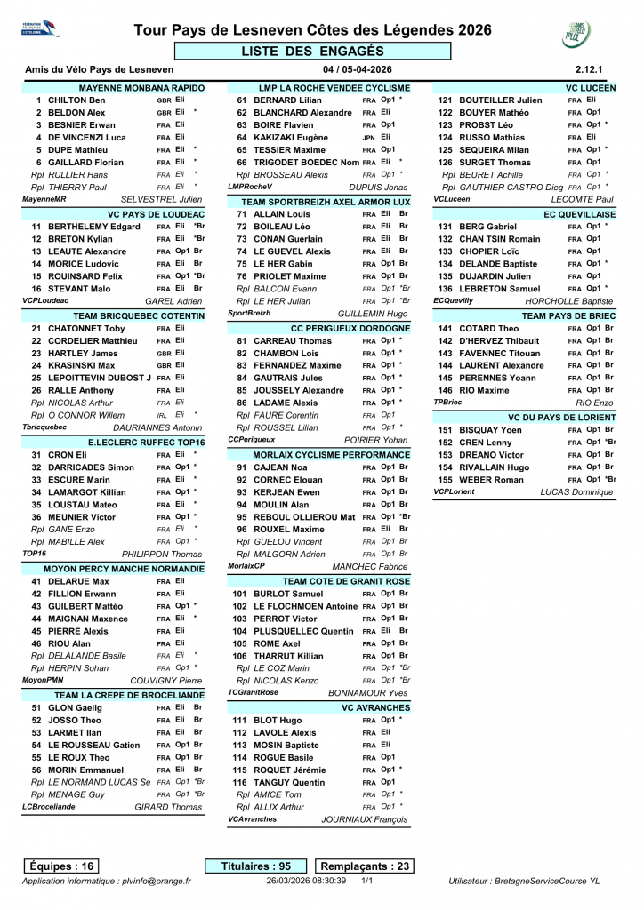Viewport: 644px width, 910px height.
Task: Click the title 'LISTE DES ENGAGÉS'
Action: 312,51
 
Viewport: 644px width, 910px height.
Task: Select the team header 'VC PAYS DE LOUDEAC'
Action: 156,215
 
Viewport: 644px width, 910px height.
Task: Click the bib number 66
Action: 241,163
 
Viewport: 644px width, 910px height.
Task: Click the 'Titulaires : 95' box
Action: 257,866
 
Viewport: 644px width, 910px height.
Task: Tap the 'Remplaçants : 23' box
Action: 365,866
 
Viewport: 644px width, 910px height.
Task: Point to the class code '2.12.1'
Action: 589,69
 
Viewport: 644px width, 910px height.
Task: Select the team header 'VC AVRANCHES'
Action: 375,707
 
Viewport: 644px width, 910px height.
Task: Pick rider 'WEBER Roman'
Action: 492,480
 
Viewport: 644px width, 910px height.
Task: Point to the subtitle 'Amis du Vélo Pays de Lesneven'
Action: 99,69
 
